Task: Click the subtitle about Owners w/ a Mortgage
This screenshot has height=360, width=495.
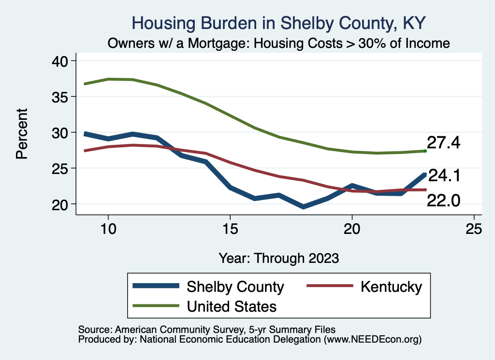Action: (x=279, y=43)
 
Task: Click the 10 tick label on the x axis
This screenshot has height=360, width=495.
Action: (x=108, y=229)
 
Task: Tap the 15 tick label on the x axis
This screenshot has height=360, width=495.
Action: (x=230, y=229)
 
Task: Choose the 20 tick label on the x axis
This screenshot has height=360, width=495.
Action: (x=352, y=229)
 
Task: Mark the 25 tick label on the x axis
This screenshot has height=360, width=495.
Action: (x=474, y=229)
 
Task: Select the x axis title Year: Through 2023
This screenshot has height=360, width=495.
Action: (x=278, y=258)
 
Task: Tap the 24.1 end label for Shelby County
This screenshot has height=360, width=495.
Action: (x=444, y=176)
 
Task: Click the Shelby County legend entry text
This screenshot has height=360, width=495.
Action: (x=235, y=287)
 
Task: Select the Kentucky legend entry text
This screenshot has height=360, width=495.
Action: (x=391, y=287)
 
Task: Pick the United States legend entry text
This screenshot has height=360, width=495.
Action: (x=232, y=306)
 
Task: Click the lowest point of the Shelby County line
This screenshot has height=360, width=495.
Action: (x=303, y=206)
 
